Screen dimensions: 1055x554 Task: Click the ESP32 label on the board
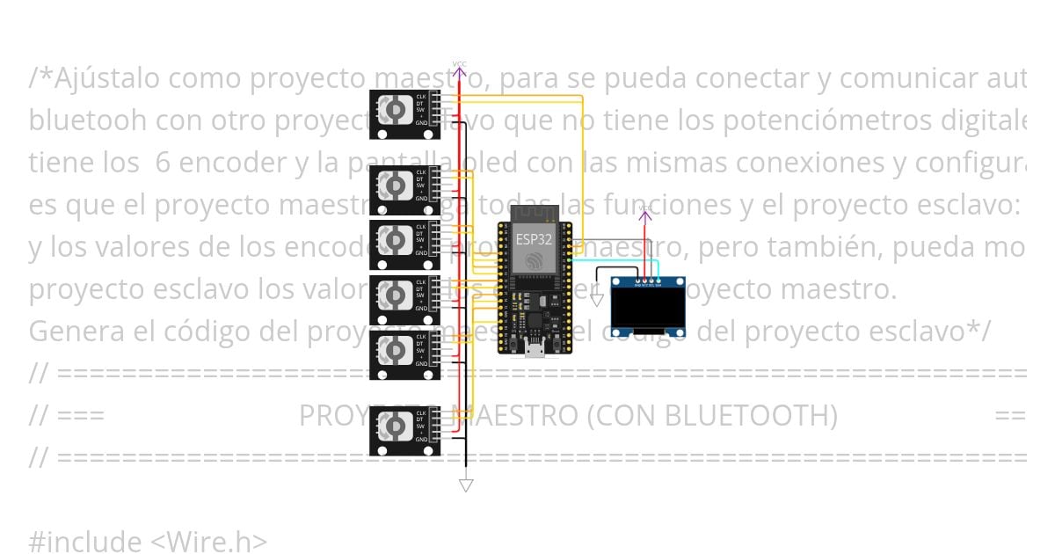pyautogui.click(x=534, y=239)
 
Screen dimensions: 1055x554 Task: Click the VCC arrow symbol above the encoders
pyautogui.click(x=459, y=69)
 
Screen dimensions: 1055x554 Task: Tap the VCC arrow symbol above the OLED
pyautogui.click(x=645, y=214)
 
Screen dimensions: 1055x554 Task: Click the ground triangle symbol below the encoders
pyautogui.click(x=466, y=485)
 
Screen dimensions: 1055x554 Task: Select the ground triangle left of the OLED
pyautogui.click(x=597, y=300)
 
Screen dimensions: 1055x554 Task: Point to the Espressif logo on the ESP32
pyautogui.click(x=534, y=260)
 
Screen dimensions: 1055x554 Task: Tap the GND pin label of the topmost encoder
pyautogui.click(x=421, y=123)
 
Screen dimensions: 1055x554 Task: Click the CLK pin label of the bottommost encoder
pyautogui.click(x=421, y=413)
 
